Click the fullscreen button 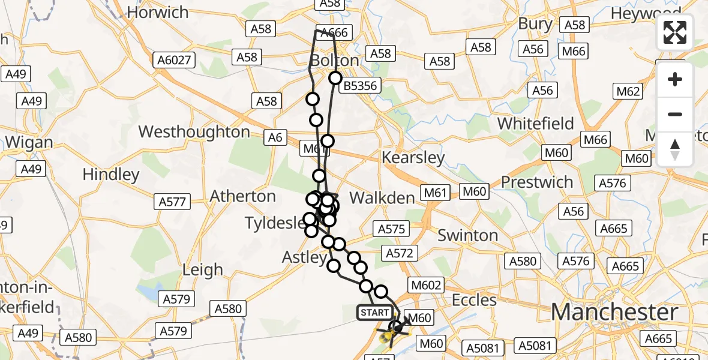[675, 32]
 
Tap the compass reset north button [675, 149]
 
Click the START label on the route [375, 313]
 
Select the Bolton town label [334, 61]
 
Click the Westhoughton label [194, 132]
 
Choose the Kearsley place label [414, 158]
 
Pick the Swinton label [468, 235]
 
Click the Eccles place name [474, 299]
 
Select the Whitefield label [536, 124]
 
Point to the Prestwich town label [537, 182]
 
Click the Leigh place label [202, 270]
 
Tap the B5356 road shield [360, 86]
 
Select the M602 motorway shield [425, 286]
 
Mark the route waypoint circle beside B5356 [335, 78]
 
